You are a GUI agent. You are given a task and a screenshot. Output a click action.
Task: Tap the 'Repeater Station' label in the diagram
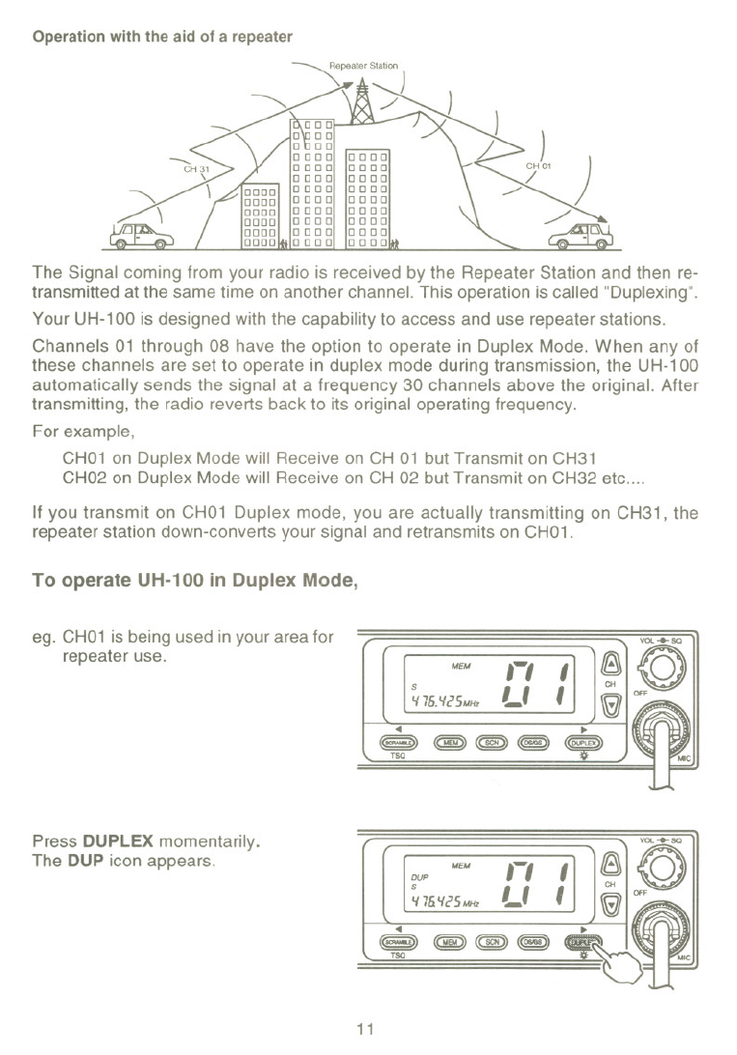click(x=363, y=66)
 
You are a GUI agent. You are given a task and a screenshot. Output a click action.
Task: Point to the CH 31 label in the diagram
click(x=198, y=167)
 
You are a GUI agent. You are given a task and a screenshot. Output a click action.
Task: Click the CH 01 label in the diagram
click(x=537, y=165)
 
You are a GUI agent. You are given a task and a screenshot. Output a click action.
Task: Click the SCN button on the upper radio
click(x=492, y=743)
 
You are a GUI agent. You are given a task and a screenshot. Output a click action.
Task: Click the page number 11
click(x=367, y=1027)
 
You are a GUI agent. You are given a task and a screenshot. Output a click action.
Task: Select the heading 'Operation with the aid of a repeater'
click(x=162, y=37)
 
